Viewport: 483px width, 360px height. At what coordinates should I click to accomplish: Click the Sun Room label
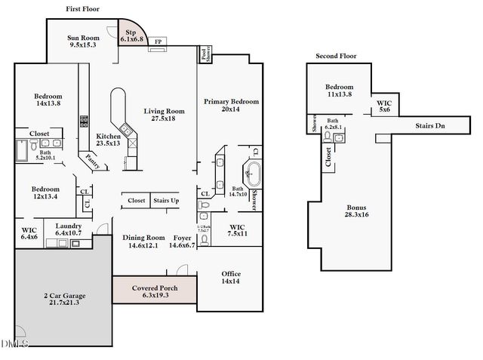pyautogui.click(x=84, y=42)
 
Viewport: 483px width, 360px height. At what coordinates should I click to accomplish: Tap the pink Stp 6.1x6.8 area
pyautogui.click(x=131, y=35)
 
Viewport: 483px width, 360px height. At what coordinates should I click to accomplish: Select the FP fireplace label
pyautogui.click(x=158, y=41)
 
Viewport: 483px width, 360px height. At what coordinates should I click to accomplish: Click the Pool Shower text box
pyautogui.click(x=205, y=54)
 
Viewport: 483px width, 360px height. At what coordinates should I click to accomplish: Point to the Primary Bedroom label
pyautogui.click(x=231, y=105)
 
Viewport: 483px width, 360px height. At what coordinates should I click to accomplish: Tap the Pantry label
pyautogui.click(x=93, y=159)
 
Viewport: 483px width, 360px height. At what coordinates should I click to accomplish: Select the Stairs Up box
pyautogui.click(x=166, y=201)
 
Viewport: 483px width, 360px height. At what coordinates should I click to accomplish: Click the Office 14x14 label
pyautogui.click(x=231, y=277)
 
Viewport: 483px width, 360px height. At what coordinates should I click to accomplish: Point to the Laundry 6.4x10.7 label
pyautogui.click(x=67, y=229)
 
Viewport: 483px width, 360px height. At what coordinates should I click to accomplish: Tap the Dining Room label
pyautogui.click(x=144, y=241)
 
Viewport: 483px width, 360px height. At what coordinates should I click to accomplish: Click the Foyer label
pyautogui.click(x=182, y=241)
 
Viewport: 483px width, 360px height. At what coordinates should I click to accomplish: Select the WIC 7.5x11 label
pyautogui.click(x=237, y=230)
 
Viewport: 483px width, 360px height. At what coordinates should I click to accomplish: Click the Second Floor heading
pyautogui.click(x=336, y=56)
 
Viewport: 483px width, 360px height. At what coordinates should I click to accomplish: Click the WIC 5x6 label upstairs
pyautogui.click(x=384, y=106)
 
